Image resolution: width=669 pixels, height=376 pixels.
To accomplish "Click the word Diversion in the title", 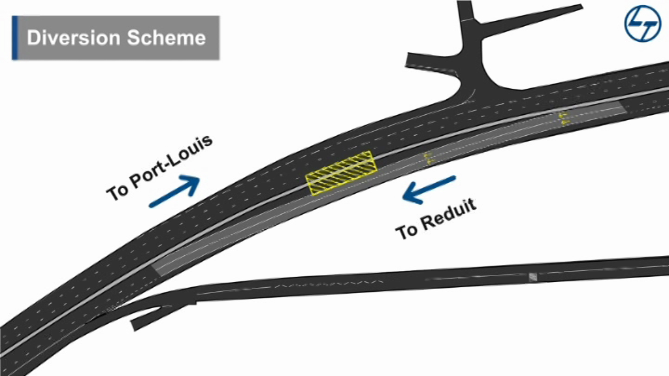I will click(x=71, y=37).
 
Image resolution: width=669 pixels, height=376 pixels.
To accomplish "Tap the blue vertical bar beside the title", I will click(x=14, y=37).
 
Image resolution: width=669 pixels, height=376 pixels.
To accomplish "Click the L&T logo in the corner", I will click(x=642, y=25).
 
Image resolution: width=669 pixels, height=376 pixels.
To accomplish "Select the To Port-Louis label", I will click(x=160, y=167).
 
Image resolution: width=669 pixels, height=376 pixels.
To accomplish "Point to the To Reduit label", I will click(x=436, y=218).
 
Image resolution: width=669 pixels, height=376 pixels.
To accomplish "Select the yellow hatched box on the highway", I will click(x=342, y=173).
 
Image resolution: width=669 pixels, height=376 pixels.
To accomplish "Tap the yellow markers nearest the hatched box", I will click(x=429, y=157).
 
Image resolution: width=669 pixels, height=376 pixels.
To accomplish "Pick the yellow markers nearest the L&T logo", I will click(x=563, y=117).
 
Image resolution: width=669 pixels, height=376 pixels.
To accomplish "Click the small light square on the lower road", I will click(x=532, y=277).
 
